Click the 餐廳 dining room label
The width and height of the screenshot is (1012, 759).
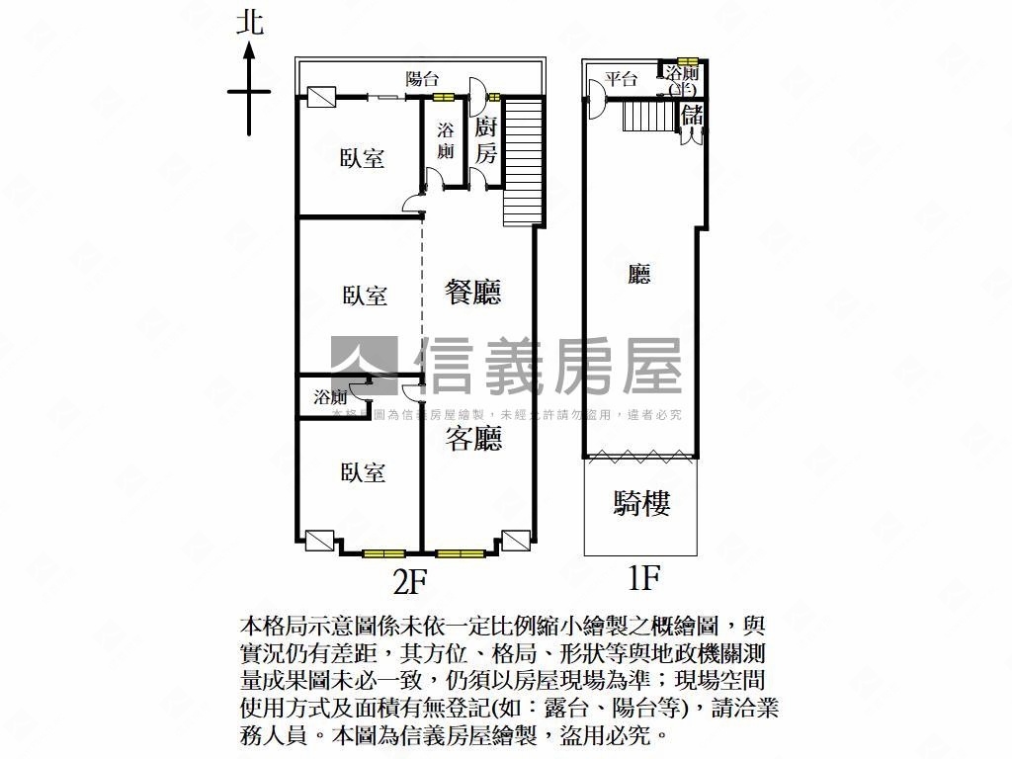click(x=473, y=292)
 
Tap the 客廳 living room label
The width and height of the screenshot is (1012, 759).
click(x=473, y=439)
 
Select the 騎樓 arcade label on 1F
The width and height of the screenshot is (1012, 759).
click(x=642, y=504)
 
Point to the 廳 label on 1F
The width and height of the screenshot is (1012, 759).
click(x=640, y=274)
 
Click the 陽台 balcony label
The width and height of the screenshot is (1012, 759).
click(x=423, y=79)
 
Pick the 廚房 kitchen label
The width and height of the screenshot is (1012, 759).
click(x=484, y=140)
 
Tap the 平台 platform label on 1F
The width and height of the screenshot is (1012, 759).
click(x=622, y=79)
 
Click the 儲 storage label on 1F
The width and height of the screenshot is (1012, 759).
click(x=692, y=114)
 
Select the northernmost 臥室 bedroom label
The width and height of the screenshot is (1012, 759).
click(x=363, y=158)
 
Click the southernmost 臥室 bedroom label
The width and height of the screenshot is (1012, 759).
click(x=363, y=472)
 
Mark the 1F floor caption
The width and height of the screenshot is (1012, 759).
click(x=643, y=578)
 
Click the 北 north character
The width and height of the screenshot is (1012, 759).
click(x=250, y=23)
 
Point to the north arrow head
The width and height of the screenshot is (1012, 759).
click(x=250, y=49)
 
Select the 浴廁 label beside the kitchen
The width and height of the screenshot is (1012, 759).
click(x=446, y=140)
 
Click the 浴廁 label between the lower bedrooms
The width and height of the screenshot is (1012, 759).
click(x=331, y=397)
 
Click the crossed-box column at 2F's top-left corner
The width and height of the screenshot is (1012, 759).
click(x=320, y=97)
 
